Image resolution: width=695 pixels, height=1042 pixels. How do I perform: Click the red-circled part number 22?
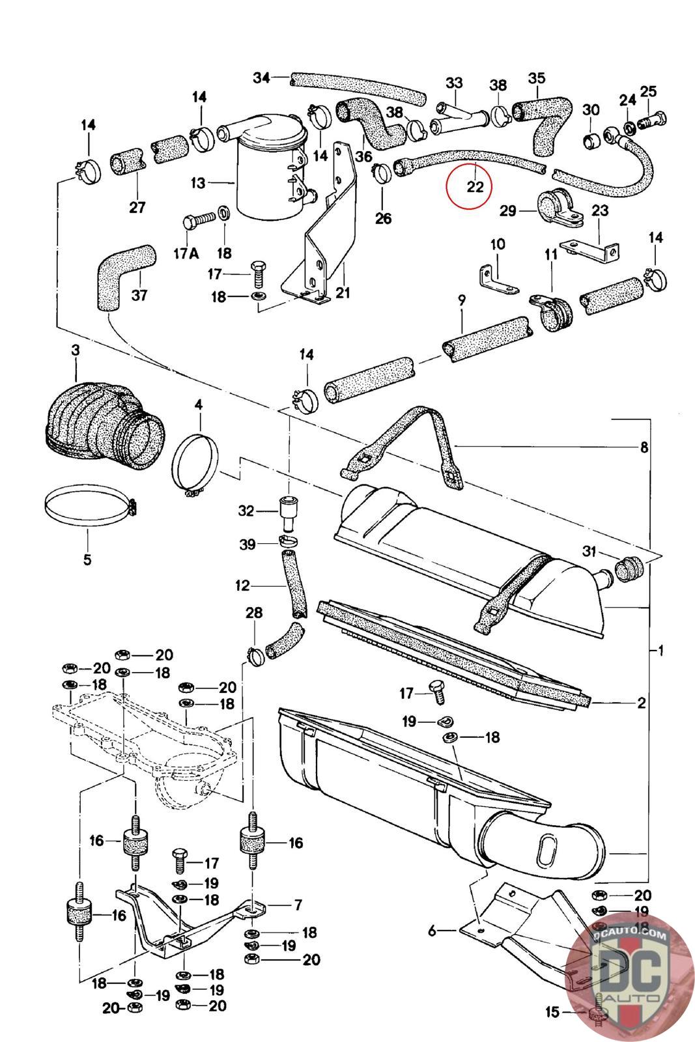pyautogui.click(x=475, y=186)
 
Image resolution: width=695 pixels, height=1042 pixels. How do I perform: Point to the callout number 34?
pyautogui.click(x=261, y=78)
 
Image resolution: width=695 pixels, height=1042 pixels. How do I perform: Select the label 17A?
pyautogui.click(x=185, y=253)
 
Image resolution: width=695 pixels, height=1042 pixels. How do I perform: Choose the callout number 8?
pyautogui.click(x=644, y=447)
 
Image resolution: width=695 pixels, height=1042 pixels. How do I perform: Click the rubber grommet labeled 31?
pyautogui.click(x=629, y=568)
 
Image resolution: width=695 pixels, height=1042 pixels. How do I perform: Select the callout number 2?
pyautogui.click(x=642, y=703)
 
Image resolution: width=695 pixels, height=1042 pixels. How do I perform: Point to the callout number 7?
pyautogui.click(x=298, y=905)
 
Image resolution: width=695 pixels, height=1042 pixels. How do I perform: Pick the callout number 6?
pyautogui.click(x=432, y=931)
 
